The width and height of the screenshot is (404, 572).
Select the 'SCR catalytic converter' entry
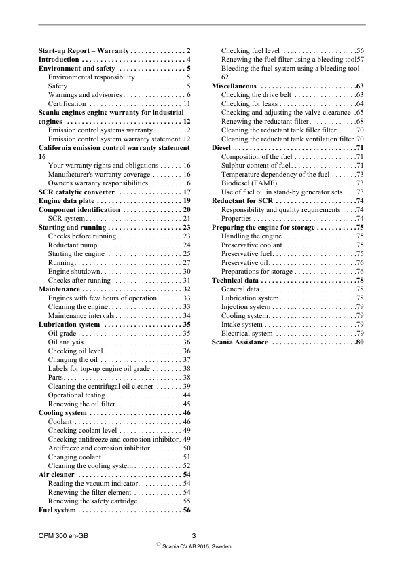pos(76,192)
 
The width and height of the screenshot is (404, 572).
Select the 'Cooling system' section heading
pos(62,412)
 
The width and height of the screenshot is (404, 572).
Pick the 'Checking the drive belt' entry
pos(255,95)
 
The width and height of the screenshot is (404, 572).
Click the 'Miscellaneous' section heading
pos(234,86)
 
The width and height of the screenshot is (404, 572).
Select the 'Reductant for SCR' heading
pos(242,201)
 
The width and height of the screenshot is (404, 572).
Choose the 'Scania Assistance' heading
pos(240,342)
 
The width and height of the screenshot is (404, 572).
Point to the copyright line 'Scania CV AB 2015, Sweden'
pos(197,546)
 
